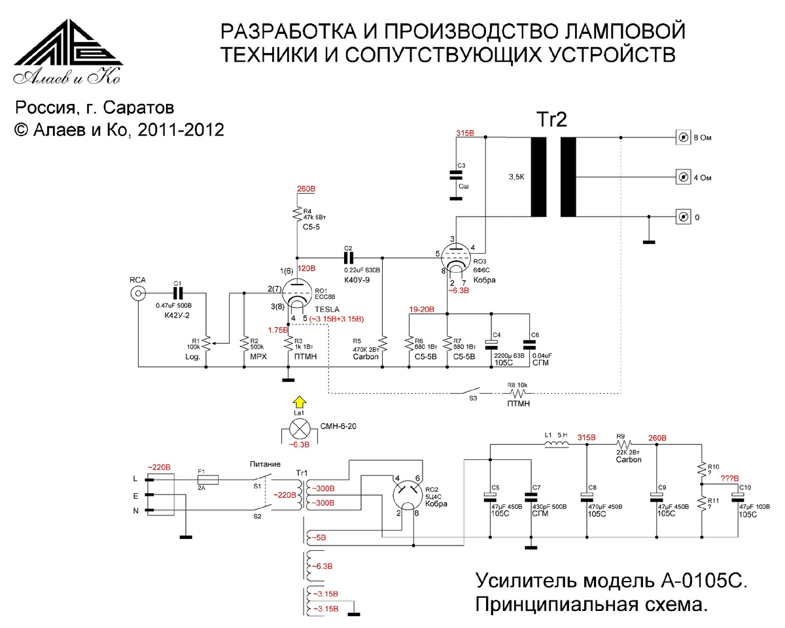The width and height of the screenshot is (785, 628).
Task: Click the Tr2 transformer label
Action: click(552, 120)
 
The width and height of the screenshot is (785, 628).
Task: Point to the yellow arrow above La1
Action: click(299, 402)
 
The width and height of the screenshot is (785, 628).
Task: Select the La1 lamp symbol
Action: click(300, 430)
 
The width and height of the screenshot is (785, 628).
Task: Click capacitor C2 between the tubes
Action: click(348, 257)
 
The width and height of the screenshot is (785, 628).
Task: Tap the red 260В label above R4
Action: click(306, 189)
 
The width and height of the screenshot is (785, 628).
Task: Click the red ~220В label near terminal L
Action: click(159, 467)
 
